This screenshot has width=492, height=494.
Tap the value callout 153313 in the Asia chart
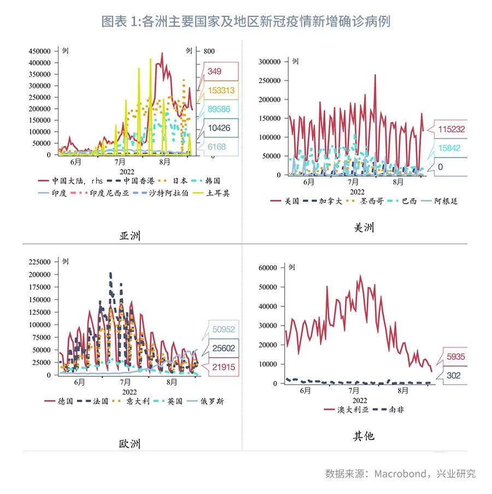point(221,90)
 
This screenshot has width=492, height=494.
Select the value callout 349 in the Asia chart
point(214,71)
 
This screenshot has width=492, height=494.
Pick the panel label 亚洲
point(130,236)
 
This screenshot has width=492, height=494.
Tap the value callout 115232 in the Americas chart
point(451,129)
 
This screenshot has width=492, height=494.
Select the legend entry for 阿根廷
point(440,201)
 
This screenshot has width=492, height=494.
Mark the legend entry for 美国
point(286,201)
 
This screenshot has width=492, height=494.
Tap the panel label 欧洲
point(130,443)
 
